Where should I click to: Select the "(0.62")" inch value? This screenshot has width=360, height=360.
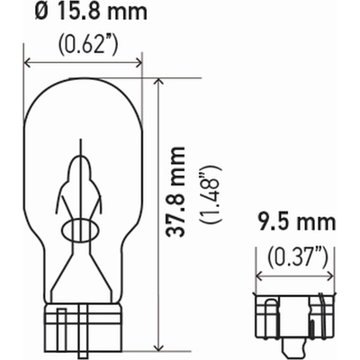[x=83, y=41]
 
